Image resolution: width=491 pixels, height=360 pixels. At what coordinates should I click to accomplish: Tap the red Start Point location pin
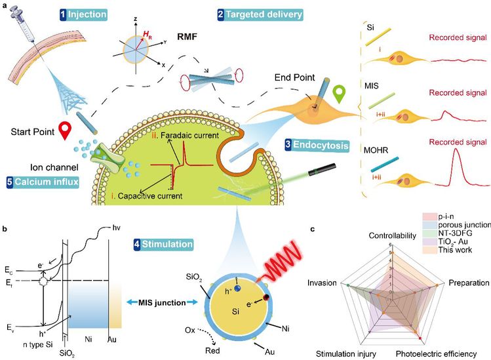pos(64,130)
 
